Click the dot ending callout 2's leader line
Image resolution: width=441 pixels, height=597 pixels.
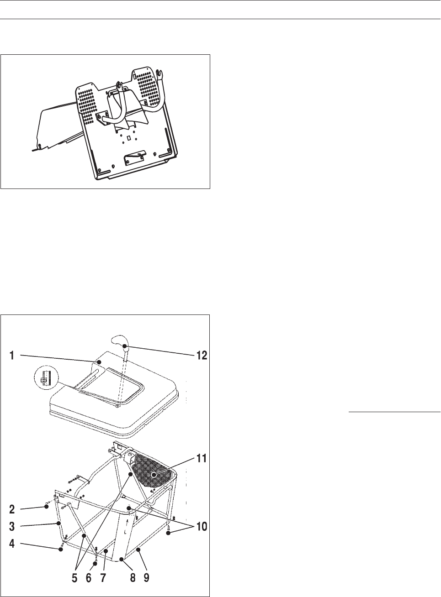point(47,506)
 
